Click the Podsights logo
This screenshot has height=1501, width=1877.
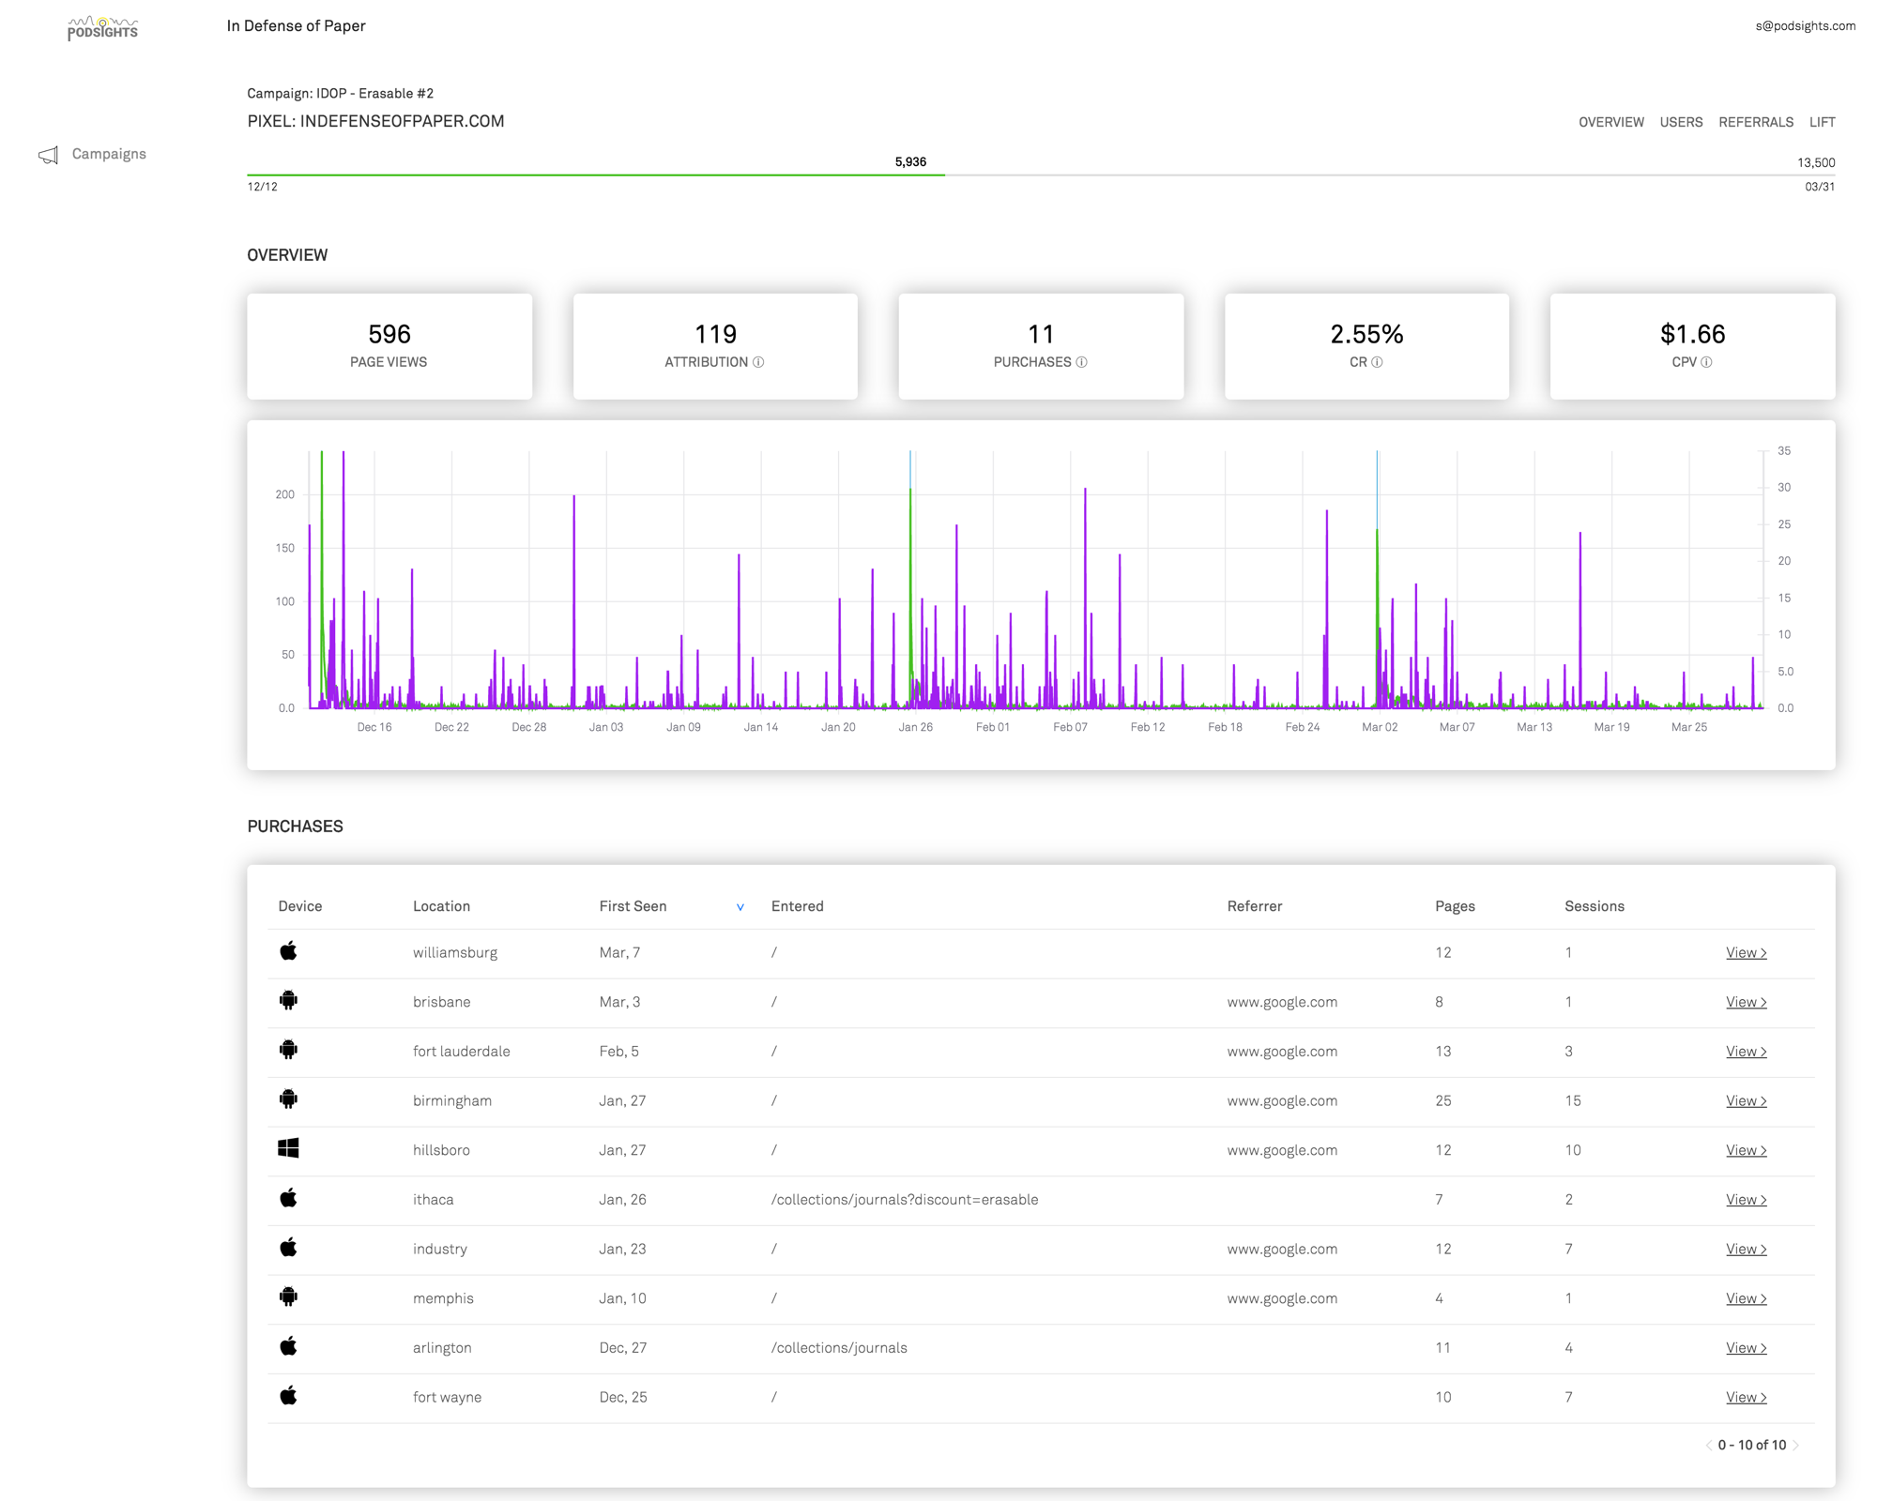[x=102, y=28]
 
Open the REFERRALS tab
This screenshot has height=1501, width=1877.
[x=1755, y=122]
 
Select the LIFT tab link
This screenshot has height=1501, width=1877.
[x=1822, y=122]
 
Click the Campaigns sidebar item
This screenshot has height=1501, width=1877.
[x=108, y=154]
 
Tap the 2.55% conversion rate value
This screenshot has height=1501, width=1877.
[x=1366, y=334]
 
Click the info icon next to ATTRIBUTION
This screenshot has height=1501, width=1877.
[x=758, y=362]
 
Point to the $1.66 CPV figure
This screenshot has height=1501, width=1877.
[x=1692, y=334]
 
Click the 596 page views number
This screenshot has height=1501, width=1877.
[x=389, y=334]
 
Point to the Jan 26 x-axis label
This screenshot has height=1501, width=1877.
[x=915, y=727]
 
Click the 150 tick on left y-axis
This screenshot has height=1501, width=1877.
[x=284, y=548]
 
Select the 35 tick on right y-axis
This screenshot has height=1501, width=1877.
[x=1783, y=451]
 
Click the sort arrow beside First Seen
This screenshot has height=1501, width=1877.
[x=740, y=907]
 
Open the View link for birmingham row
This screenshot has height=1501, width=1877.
[x=1746, y=1100]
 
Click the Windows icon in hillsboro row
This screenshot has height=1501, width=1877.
[x=288, y=1148]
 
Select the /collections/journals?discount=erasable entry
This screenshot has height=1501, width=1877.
[x=904, y=1200]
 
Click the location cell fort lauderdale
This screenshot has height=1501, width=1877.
[x=461, y=1052]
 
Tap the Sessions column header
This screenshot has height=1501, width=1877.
[x=1594, y=906]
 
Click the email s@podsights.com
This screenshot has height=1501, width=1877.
[x=1805, y=26]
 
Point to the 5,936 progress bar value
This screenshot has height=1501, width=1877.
[x=909, y=162]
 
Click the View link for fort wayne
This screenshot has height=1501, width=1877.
[x=1746, y=1397]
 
